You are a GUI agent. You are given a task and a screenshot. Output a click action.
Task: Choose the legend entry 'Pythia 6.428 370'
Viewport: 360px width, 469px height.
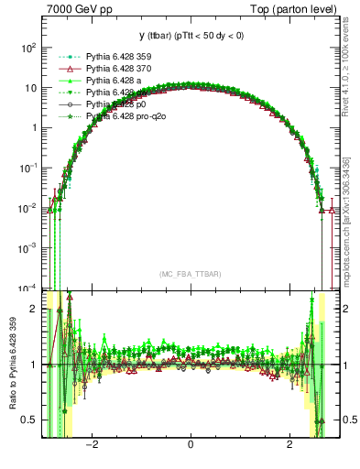[x=122, y=69]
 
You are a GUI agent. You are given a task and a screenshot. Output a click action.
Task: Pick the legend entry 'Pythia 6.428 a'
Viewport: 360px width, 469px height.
[x=116, y=81]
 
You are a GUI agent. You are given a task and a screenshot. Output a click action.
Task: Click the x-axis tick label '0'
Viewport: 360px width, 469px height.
[x=190, y=446]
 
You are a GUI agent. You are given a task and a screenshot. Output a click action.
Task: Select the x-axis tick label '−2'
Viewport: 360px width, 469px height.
[x=90, y=446]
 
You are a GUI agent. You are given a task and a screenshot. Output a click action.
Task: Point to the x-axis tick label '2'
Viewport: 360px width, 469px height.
[x=289, y=446]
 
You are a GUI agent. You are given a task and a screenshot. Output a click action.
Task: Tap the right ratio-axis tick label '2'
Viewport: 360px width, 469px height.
[x=345, y=309]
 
